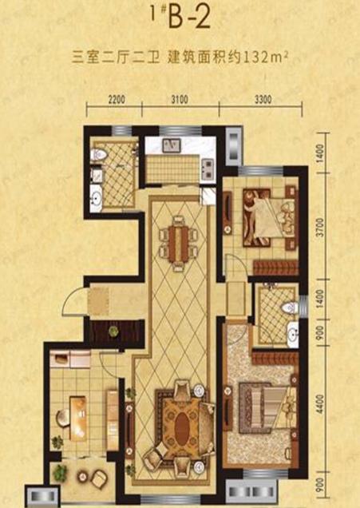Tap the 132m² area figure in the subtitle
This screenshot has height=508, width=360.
pos(266,58)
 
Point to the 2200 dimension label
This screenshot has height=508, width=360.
pos(117,100)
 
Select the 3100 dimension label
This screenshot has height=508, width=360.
pos(180,100)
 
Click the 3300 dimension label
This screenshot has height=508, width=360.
pos(263,100)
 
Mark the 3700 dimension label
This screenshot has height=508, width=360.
pos(320,228)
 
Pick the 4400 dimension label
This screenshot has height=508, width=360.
pos(320,403)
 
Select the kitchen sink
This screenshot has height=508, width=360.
pos(172,145)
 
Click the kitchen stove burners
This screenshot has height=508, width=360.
pos(208,169)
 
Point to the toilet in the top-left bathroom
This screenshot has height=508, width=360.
pos(98,154)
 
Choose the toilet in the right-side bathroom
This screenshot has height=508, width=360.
pos(289,308)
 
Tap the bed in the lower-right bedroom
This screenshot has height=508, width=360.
pos(267,407)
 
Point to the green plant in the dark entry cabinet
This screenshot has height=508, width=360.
pos(113,331)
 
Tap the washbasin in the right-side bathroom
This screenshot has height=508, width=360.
pos(293,333)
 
